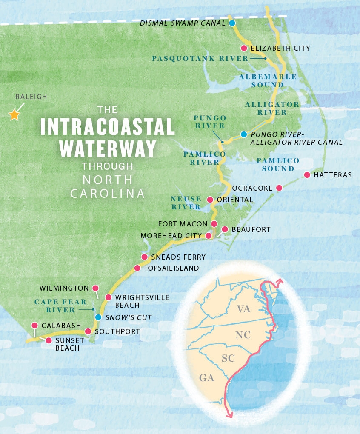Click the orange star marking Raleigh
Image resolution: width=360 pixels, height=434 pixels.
14,114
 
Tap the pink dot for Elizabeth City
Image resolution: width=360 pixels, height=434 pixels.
244,48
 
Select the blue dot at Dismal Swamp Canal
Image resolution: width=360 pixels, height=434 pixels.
232,23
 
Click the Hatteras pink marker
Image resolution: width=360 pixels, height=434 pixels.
307,175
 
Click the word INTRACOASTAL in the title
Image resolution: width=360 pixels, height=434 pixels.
107,127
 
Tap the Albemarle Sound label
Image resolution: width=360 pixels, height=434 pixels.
268,81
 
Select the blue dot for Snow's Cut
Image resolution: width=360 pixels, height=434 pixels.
98,317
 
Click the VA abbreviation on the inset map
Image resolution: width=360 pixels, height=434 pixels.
243,309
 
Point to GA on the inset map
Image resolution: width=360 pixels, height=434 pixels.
206,377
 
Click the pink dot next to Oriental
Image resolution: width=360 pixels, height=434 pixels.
210,200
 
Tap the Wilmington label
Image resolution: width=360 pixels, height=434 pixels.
64,288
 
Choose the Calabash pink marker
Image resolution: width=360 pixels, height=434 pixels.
34,325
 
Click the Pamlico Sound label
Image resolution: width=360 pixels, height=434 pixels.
278,164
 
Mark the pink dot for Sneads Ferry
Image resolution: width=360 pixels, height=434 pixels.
144,257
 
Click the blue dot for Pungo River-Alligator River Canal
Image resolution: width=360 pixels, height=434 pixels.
243,134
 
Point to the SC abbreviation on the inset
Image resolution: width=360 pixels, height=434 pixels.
228,358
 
